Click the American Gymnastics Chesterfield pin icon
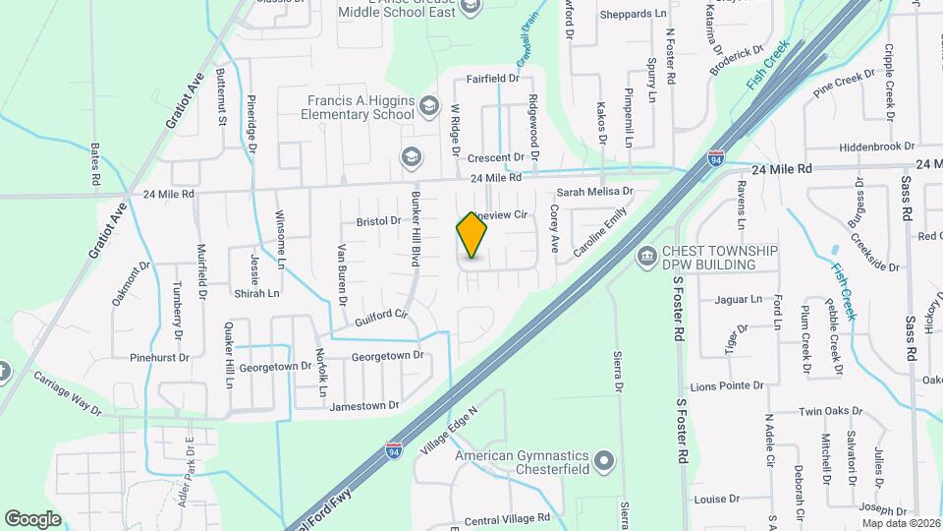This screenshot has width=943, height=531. (x=603, y=459)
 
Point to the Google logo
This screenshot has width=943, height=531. (x=32, y=518)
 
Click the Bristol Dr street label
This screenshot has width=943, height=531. (x=378, y=221)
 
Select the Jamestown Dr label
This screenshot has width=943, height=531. (x=364, y=405)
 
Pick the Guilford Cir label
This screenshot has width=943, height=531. (x=381, y=316)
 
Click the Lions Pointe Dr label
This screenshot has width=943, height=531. (x=730, y=386)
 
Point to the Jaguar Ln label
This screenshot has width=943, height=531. (x=740, y=299)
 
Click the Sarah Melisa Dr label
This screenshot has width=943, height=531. (x=596, y=193)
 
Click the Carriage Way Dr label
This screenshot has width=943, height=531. (x=67, y=391)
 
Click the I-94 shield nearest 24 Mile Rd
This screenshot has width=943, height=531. (x=716, y=157)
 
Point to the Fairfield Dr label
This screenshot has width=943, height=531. (x=492, y=78)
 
